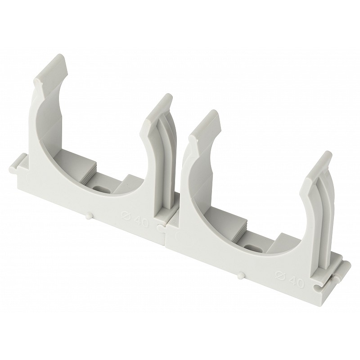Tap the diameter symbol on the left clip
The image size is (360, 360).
pos(126,216)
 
